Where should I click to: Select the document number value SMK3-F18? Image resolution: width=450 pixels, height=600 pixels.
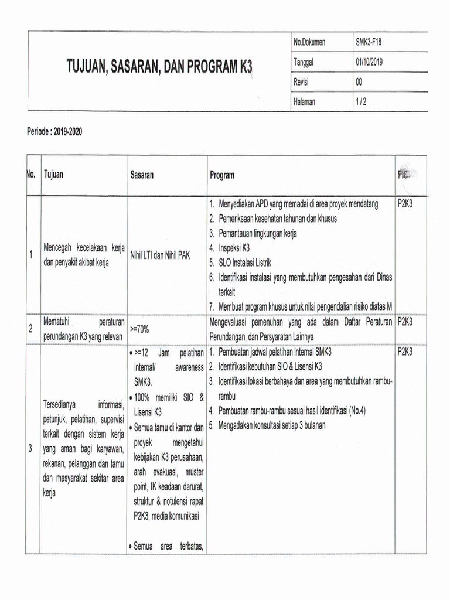point(369,42)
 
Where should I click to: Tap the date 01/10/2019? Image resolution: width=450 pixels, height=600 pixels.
point(369,62)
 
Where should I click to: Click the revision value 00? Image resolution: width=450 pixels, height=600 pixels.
point(359,82)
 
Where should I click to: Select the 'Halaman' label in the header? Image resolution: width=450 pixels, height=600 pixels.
point(304,102)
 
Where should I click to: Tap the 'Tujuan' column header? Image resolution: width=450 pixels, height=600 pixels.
point(54,175)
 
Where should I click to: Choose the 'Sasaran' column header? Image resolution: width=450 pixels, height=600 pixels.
point(142,175)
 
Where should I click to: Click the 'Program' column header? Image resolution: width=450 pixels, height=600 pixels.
point(222,175)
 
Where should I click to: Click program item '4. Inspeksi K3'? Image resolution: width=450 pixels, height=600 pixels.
point(229,248)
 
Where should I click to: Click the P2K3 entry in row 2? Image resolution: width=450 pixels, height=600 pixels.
point(404,322)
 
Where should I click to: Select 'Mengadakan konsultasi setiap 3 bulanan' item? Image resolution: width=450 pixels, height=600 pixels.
point(267,425)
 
